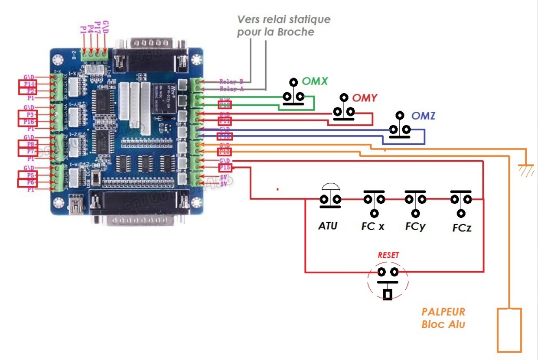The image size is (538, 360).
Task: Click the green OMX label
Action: tap(314, 81)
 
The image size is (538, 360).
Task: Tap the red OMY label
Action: tap(365, 98)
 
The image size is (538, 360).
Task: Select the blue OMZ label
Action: tap(423, 116)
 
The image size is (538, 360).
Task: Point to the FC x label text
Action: tap(372, 227)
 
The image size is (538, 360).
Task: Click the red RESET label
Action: tap(388, 256)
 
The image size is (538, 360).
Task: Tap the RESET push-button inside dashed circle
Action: tap(388, 281)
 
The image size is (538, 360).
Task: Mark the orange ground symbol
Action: tap(526, 169)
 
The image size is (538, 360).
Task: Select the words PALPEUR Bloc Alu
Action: tap(443, 318)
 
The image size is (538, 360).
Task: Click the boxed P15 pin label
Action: tap(225, 168)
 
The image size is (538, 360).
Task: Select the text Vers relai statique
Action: tap(284, 19)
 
